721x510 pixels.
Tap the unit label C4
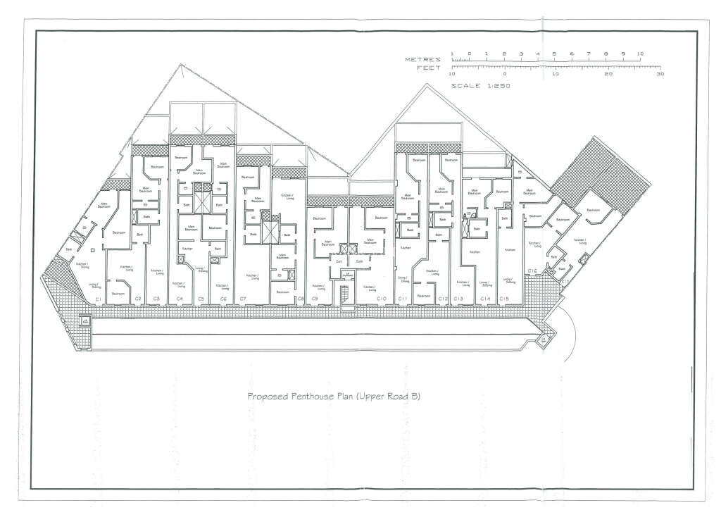(180, 299)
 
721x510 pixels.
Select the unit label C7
(243, 299)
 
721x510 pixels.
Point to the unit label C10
(381, 299)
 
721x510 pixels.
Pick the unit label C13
(458, 299)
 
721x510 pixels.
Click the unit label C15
(504, 299)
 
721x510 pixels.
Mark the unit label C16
(533, 271)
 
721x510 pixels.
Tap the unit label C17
(565, 280)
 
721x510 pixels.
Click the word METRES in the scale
(422, 60)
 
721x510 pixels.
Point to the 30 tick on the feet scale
(660, 73)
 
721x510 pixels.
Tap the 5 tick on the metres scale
(554, 54)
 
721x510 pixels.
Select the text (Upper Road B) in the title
(389, 397)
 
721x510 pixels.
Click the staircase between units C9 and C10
(345, 294)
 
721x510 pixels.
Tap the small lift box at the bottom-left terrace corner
(84, 321)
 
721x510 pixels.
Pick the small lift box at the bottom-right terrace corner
(544, 341)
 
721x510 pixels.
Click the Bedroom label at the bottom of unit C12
(423, 296)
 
